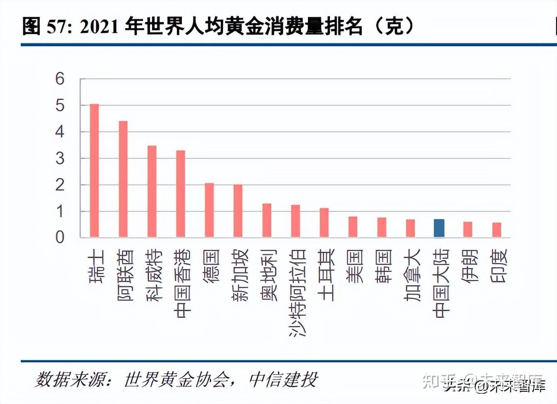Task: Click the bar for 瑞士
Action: [95, 171]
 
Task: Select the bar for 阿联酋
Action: [123, 179]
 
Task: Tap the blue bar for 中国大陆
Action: [439, 229]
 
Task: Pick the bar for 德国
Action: [209, 210]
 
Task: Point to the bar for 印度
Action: [496, 230]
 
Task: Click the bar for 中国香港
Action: [181, 194]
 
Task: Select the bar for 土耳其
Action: [324, 223]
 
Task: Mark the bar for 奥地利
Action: [267, 221]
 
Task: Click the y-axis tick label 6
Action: [60, 79]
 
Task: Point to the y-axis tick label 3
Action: [60, 158]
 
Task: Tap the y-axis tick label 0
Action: [60, 238]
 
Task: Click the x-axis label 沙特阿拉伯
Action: [298, 292]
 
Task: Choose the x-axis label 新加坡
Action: [239, 275]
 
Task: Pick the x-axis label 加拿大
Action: [412, 275]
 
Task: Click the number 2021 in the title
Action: [99, 27]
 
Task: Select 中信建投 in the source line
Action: [283, 380]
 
